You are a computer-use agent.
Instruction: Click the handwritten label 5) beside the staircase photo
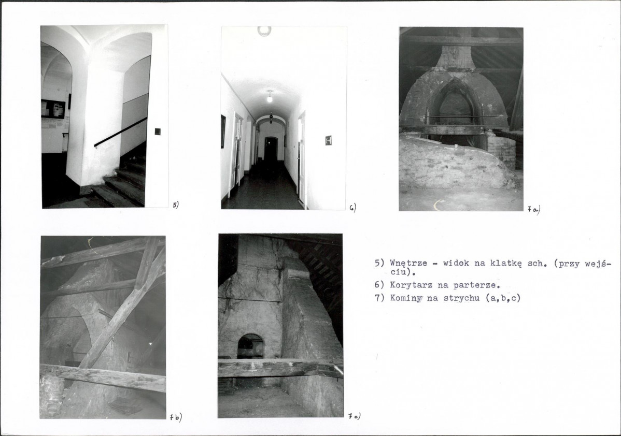[176, 205]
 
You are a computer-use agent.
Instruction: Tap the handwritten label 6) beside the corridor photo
[353, 208]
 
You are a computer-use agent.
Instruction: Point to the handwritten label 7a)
[534, 209]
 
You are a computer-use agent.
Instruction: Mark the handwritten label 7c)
[355, 416]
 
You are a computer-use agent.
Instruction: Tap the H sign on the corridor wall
[328, 140]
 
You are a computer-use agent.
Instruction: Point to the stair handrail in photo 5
[120, 132]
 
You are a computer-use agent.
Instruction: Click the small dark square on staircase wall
[158, 132]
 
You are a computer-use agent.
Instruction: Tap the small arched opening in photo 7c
[251, 346]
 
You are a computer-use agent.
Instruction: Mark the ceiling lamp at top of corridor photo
[264, 31]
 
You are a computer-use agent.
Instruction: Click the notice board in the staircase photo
[53, 108]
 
